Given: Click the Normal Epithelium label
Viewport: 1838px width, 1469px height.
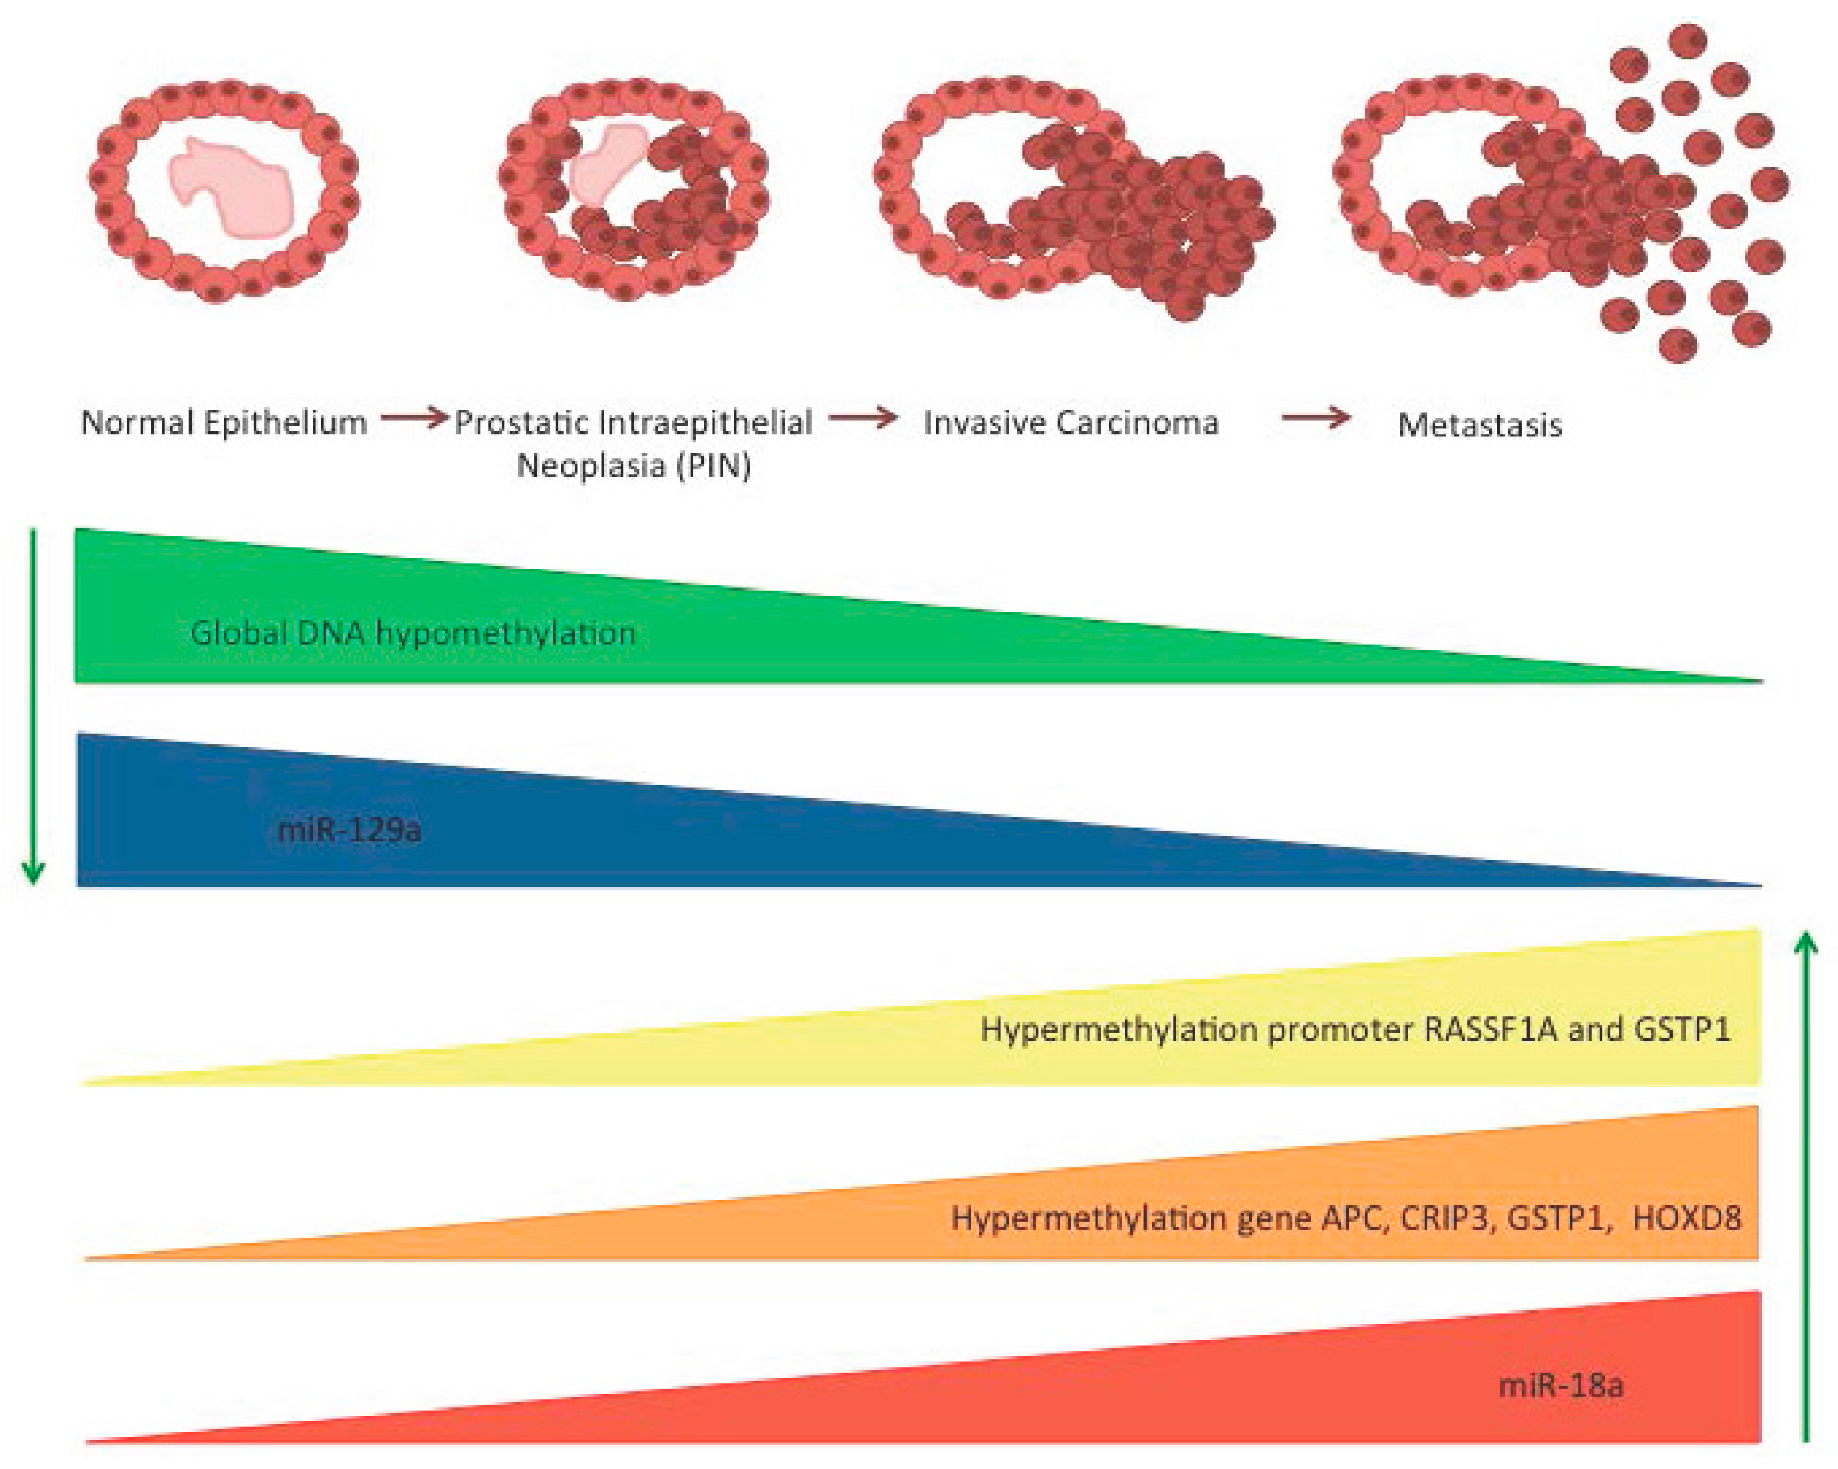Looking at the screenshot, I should [x=223, y=423].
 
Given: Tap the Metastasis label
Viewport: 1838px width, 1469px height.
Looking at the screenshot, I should [x=1479, y=425].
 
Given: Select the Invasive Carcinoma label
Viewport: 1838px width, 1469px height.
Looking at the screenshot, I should [x=1071, y=423].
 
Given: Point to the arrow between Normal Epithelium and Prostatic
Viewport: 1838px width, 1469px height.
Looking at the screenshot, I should [x=413, y=418].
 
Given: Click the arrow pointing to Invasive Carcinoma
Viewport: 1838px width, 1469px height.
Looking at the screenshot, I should [x=863, y=418].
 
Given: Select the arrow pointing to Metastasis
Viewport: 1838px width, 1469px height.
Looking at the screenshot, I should [x=1316, y=418].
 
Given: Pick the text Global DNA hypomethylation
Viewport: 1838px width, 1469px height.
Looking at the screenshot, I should [x=413, y=633].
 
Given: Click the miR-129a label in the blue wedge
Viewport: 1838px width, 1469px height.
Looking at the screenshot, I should [x=349, y=829].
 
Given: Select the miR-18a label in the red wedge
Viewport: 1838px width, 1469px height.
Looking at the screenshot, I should [x=1560, y=1386].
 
